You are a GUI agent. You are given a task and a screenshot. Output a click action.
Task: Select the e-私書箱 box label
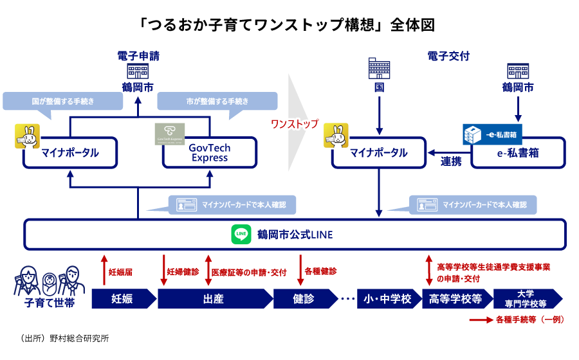point(518,154)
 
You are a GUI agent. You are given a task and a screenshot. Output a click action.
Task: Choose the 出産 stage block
point(212,299)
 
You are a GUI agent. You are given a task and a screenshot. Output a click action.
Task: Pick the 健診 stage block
point(303,299)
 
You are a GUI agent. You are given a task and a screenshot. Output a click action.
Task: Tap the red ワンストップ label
point(295,123)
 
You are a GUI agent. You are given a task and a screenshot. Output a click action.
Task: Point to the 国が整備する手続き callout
point(62,102)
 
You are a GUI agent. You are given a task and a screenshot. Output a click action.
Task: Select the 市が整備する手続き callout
point(217,102)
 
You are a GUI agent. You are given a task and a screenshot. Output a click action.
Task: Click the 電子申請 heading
point(138,56)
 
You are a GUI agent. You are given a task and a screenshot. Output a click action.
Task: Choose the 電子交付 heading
point(448,56)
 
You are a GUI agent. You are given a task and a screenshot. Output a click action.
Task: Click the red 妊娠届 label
point(120,272)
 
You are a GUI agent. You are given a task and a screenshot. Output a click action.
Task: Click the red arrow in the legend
point(480,319)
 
